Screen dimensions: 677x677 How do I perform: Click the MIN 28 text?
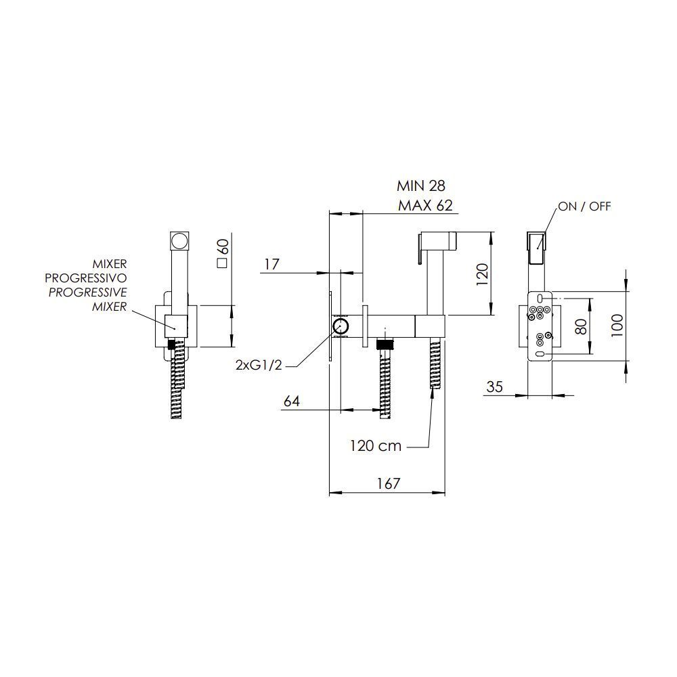[421, 185]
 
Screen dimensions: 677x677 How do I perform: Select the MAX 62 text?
[425, 206]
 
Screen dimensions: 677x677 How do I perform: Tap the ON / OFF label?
[585, 206]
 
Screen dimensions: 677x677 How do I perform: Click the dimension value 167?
[389, 483]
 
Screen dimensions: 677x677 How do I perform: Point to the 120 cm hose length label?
[376, 445]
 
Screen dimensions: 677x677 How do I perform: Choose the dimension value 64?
[291, 401]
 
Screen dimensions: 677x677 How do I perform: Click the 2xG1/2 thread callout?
[259, 366]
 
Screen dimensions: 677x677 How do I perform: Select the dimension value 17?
[271, 264]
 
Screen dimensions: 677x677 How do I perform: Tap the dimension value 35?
[494, 387]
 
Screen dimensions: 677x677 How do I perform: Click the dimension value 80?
[581, 326]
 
